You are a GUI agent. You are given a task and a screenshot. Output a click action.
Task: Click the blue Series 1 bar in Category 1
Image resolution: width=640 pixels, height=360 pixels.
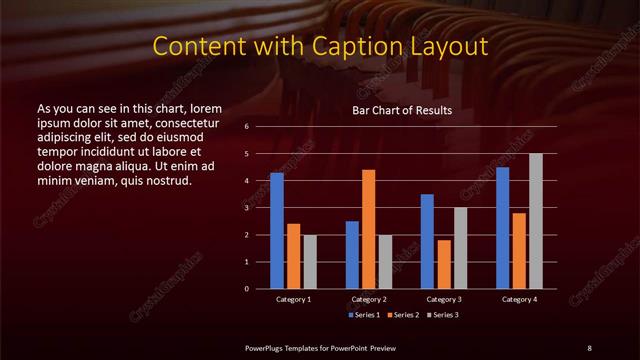(277, 231)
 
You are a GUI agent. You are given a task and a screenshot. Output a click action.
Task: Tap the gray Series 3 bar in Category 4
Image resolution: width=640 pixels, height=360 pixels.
(536, 221)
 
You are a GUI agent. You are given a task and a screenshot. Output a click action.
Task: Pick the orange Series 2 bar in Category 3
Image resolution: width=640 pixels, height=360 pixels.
(444, 264)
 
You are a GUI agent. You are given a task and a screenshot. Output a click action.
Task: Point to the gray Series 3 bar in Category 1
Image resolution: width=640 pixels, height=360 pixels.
(310, 262)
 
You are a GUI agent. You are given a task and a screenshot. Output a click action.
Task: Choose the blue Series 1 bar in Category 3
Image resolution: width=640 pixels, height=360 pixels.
(427, 241)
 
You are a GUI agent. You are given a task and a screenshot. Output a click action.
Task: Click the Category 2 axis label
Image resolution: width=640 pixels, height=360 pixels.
(369, 299)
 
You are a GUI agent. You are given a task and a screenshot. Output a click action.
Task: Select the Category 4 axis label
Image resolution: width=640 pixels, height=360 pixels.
(519, 299)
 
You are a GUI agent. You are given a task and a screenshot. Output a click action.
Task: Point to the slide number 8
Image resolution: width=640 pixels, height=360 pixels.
(589, 347)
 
